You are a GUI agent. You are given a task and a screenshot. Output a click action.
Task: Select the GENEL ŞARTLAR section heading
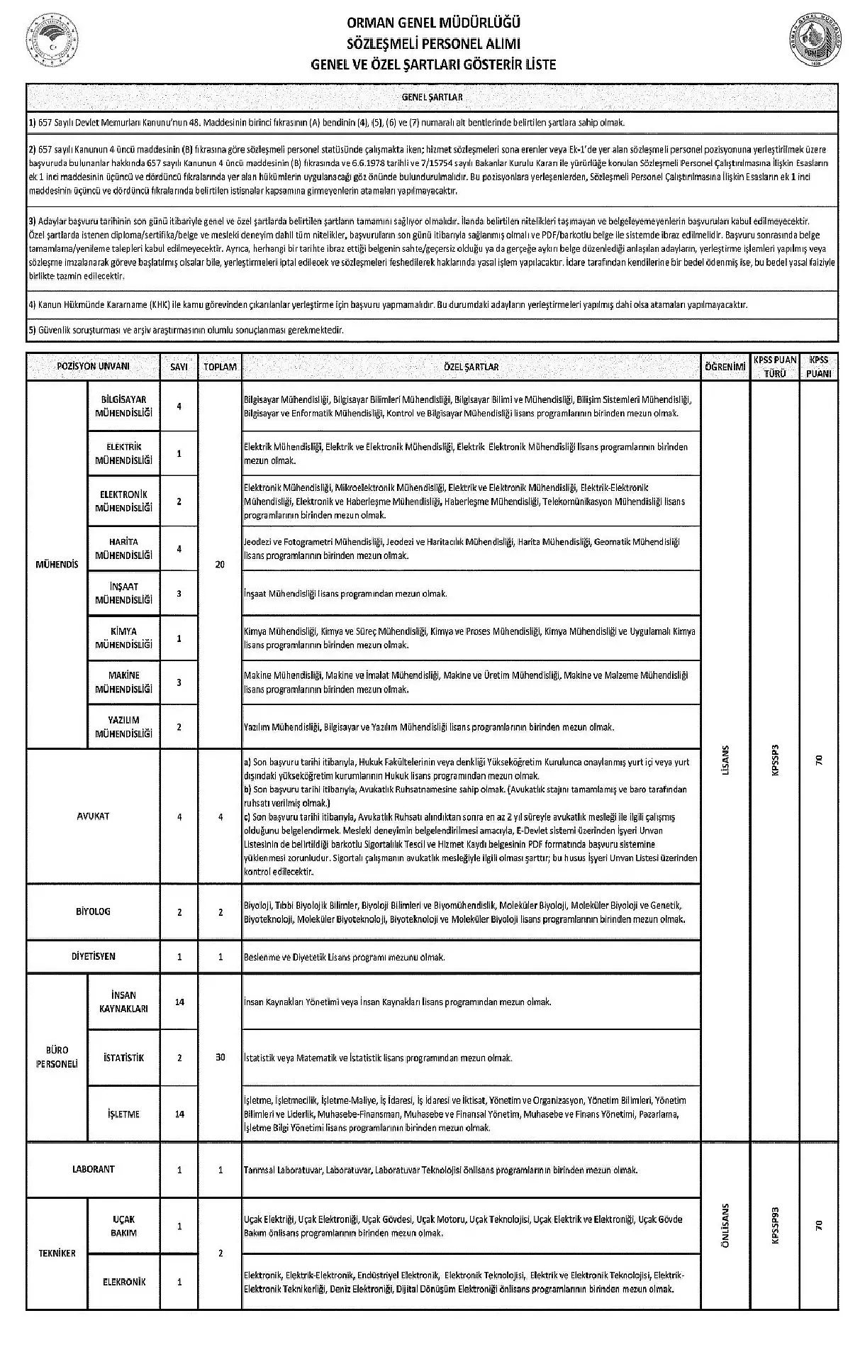pyautogui.click(x=432, y=97)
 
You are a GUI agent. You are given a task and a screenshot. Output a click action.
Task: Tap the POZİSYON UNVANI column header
pyautogui.click(x=93, y=367)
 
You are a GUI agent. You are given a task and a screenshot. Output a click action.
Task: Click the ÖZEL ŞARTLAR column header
pyautogui.click(x=471, y=367)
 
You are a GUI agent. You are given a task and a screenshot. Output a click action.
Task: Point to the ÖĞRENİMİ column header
pyautogui.click(x=725, y=367)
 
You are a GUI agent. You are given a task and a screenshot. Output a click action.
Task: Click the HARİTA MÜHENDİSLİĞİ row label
pyautogui.click(x=124, y=548)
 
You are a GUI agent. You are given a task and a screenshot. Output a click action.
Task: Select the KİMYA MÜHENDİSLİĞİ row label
pyautogui.click(x=124, y=638)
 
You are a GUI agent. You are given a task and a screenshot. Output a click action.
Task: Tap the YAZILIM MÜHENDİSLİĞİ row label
pyautogui.click(x=124, y=726)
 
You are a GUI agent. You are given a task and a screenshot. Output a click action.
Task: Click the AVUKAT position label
pyautogui.click(x=93, y=816)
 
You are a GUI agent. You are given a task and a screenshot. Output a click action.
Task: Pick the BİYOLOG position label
pyautogui.click(x=93, y=912)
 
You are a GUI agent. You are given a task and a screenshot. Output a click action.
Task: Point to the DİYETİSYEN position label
pyautogui.click(x=93, y=956)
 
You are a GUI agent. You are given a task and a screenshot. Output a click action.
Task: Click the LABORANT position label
pyautogui.click(x=93, y=1169)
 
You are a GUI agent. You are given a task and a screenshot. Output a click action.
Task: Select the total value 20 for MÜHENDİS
pyautogui.click(x=220, y=564)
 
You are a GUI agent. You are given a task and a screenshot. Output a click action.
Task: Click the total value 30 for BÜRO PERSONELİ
pyautogui.click(x=220, y=1057)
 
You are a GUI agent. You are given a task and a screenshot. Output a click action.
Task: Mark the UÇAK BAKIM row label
pyautogui.click(x=124, y=1226)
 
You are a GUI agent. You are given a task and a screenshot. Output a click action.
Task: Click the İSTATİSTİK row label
pyautogui.click(x=124, y=1058)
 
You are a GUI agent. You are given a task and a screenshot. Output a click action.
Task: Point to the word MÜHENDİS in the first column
pyautogui.click(x=57, y=564)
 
